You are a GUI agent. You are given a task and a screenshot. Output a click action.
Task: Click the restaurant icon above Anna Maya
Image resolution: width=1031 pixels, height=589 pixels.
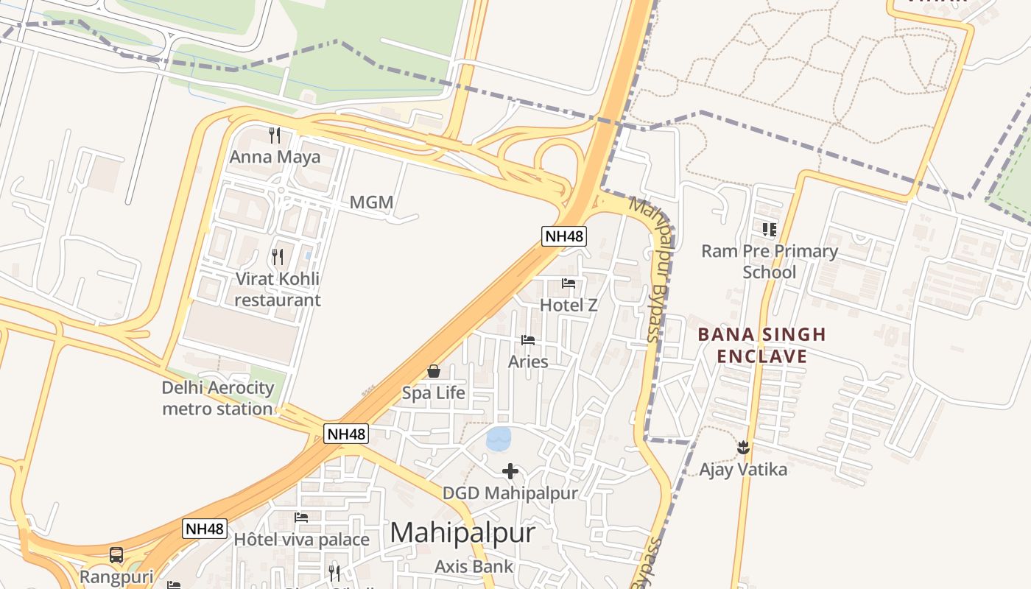[x=275, y=135]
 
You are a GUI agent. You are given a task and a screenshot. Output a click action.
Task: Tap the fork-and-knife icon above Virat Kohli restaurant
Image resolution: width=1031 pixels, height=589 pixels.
[x=278, y=257]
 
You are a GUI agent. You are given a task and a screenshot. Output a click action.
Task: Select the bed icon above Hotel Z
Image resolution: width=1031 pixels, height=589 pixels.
[x=569, y=283]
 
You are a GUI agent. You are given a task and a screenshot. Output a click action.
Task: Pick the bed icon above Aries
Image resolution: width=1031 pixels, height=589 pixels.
[x=528, y=340]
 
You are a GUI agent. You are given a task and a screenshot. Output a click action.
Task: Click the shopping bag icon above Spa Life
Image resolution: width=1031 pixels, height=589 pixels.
[x=434, y=371]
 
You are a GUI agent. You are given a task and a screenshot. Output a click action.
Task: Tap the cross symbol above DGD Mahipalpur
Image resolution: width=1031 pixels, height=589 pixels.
[x=510, y=471]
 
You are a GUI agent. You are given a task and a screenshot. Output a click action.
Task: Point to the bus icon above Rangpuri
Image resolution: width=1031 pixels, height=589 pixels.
[x=116, y=555]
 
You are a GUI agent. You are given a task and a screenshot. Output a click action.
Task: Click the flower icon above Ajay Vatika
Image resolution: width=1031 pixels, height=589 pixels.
[x=743, y=447]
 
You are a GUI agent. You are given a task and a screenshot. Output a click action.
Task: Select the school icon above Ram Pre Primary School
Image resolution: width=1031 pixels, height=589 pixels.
[x=770, y=230]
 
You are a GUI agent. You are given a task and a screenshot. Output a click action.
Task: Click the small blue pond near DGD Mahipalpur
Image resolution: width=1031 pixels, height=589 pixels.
[x=499, y=439]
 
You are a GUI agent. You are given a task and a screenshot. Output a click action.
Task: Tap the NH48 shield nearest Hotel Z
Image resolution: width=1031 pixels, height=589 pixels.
[x=564, y=236]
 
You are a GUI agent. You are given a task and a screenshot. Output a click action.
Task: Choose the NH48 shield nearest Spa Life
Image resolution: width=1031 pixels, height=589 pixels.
[x=346, y=434]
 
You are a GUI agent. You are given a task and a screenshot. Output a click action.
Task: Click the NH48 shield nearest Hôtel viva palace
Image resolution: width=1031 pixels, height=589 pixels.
[x=205, y=529]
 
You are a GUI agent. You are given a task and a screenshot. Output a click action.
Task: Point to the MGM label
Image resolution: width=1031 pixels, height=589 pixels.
[x=371, y=202]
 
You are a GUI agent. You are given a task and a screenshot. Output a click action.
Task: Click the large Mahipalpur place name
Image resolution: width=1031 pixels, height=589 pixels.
[x=462, y=532]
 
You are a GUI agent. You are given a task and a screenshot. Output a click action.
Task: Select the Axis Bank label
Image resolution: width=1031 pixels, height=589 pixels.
[x=474, y=566]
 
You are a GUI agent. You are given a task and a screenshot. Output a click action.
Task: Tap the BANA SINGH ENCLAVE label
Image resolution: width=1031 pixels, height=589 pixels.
[x=761, y=345]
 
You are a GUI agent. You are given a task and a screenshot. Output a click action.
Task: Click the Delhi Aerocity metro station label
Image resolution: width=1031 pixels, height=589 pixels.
[x=218, y=398]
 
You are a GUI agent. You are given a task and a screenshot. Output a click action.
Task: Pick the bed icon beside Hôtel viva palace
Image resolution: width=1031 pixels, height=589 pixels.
[x=301, y=518]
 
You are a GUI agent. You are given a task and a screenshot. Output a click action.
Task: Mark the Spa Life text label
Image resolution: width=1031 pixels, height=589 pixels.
[x=434, y=392]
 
